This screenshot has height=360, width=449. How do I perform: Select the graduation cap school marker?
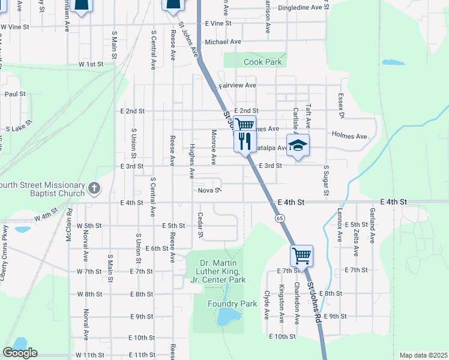pyautogui.click(x=298, y=146)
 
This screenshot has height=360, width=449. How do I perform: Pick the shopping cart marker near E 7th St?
pyautogui.click(x=301, y=256)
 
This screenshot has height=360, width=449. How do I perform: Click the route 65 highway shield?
pyautogui.click(x=280, y=218)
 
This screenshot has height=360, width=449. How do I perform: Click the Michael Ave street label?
pyautogui.click(x=223, y=42)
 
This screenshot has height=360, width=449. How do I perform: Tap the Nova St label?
pyautogui.click(x=210, y=190)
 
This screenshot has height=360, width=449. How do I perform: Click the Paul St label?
pyautogui.click(x=15, y=94)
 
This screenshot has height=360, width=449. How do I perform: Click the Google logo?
pyautogui.click(x=20, y=353)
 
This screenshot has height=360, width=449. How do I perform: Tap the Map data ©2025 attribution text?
pyautogui.click(x=423, y=355)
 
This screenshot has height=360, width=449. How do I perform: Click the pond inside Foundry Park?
pyautogui.click(x=227, y=316)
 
